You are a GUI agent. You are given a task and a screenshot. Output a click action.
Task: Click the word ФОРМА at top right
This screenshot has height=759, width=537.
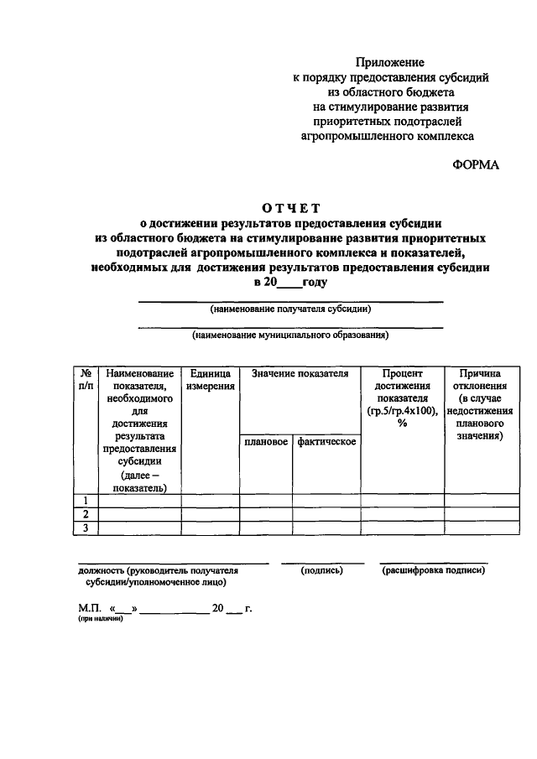click(x=475, y=164)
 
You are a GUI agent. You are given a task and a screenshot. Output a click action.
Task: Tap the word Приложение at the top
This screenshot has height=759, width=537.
click(x=389, y=62)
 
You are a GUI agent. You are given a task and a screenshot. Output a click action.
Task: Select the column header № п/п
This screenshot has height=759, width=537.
click(x=86, y=380)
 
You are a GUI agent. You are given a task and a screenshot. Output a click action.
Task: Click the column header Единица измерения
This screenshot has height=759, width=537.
click(x=211, y=380)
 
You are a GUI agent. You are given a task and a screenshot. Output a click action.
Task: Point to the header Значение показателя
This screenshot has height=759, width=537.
click(x=300, y=374)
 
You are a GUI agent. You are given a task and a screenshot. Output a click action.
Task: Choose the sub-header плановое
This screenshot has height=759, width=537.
click(x=266, y=442)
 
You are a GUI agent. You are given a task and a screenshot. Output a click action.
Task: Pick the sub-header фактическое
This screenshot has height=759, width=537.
click(x=326, y=442)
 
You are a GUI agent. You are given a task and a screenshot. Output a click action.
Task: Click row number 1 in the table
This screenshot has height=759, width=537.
click(x=86, y=501)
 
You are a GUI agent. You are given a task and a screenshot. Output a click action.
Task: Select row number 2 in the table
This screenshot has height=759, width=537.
click(x=86, y=514)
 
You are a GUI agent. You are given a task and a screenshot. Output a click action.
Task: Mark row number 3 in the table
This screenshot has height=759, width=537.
click(x=86, y=528)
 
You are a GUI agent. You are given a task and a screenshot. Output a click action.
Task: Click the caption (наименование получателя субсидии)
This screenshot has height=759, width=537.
click(x=290, y=309)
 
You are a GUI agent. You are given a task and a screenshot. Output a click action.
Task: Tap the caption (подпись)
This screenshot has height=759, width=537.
click(x=322, y=570)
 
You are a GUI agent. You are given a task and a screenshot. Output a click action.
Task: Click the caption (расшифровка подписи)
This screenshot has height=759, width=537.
click(x=433, y=570)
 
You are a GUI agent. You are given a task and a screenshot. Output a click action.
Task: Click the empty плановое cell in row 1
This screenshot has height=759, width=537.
click(x=266, y=501)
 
